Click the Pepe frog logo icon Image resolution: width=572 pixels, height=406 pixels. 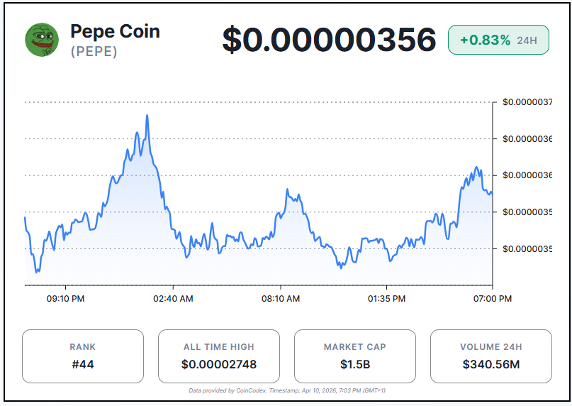tap(42, 40)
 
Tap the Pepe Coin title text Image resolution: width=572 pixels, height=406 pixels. tap(115, 32)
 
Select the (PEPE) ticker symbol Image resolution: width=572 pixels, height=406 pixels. tap(94, 52)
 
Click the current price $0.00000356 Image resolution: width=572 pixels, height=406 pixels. tap(329, 40)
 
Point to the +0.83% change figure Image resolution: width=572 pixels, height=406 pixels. tap(485, 40)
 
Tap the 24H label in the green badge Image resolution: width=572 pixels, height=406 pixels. tap(527, 40)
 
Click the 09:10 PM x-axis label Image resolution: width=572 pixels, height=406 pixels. tap(66, 299)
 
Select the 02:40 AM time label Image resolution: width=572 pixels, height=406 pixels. tap(173, 299)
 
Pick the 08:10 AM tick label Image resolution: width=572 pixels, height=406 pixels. tap(281, 299)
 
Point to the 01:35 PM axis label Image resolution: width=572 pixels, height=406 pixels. tap(387, 299)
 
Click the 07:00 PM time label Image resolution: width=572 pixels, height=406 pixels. tap(493, 299)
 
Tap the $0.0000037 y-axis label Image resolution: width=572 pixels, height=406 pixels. tap(527, 102)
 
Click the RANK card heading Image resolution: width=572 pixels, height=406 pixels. tap(83, 347)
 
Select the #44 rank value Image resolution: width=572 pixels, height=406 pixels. tap(83, 365)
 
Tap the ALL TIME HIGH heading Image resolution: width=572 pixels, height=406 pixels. tap(219, 347)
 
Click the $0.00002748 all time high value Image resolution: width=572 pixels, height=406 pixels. tap(219, 365)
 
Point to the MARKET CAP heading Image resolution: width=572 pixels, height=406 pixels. tap(355, 347)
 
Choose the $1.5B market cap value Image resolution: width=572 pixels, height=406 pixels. tap(355, 365)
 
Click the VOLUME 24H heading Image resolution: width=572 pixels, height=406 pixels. tap(491, 347)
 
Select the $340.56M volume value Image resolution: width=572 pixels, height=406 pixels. tap(491, 365)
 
